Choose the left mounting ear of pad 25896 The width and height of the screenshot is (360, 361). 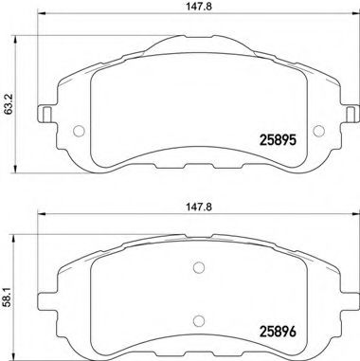(45, 301)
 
